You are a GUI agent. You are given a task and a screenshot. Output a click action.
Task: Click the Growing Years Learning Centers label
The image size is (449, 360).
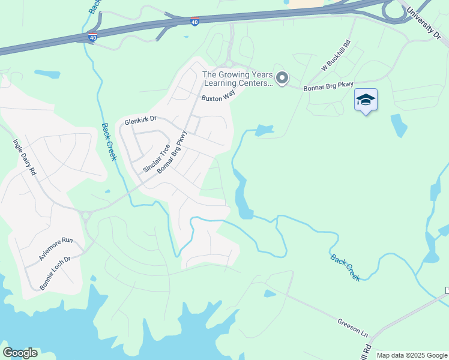pyautogui.click(x=237, y=79)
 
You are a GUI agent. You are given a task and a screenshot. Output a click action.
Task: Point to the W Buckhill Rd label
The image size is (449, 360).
pyautogui.click(x=340, y=58)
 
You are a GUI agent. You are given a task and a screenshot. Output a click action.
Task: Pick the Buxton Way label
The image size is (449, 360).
pyautogui.click(x=217, y=97)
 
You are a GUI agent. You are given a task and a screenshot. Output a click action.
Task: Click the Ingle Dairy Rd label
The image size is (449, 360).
pyautogui.click(x=25, y=157)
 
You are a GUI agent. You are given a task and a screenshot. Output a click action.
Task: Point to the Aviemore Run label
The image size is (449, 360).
pyautogui.click(x=56, y=248)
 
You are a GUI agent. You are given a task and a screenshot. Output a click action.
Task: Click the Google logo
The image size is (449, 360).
pyautogui.click(x=20, y=353)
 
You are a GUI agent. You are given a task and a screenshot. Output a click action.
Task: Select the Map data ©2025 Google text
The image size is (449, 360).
pyautogui.click(x=412, y=355)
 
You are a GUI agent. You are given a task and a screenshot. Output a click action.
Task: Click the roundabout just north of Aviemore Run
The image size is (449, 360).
pyautogui.click(x=85, y=215)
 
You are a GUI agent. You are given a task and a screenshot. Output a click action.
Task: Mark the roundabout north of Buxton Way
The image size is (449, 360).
pyautogui.click(x=229, y=64)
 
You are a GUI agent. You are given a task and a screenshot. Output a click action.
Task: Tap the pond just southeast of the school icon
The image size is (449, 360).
pyautogui.click(x=398, y=125)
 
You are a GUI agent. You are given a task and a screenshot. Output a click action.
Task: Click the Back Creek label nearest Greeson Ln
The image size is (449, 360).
pyautogui.click(x=345, y=267)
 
